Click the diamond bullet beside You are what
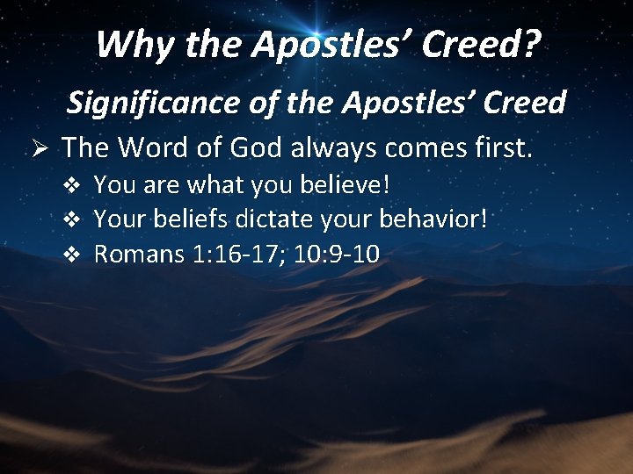(75, 186)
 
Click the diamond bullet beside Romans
(75, 255)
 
